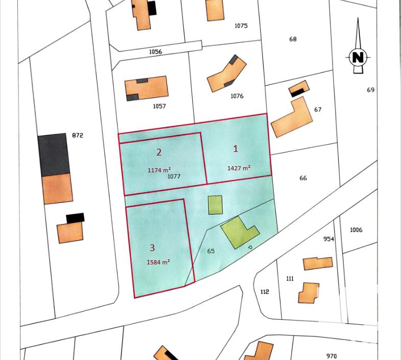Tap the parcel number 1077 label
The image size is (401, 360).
pyautogui.click(x=174, y=176)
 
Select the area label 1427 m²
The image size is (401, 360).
pyautogui.click(x=239, y=168)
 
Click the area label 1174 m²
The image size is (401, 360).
pyautogui.click(x=159, y=170)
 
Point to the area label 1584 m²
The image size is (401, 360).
pyautogui.click(x=158, y=262)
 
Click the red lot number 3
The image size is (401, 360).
pyautogui.click(x=152, y=248)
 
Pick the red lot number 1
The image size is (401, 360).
pyautogui.click(x=235, y=149)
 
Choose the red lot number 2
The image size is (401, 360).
pyautogui.click(x=159, y=152)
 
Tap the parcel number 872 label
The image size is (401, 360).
pyautogui.click(x=77, y=136)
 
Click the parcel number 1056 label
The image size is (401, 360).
pyautogui.click(x=155, y=52)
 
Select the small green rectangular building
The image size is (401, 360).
pyautogui.click(x=216, y=205)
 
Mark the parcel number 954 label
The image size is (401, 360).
pyautogui.click(x=328, y=239)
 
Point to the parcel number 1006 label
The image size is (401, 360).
pyautogui.click(x=356, y=230)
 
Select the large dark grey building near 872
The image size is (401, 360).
pyautogui.click(x=53, y=154)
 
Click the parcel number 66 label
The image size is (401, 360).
pyautogui.click(x=303, y=178)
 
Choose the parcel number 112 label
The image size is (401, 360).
pyautogui.click(x=264, y=292)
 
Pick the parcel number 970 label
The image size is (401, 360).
pyautogui.click(x=332, y=356)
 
